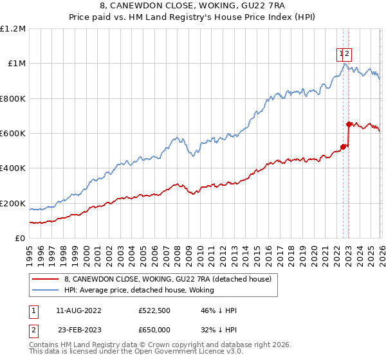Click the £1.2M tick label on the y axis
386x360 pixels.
point(13,29)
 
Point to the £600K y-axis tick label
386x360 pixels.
point(13,134)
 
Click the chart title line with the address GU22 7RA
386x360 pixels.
point(193,7)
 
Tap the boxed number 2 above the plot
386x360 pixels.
point(347,55)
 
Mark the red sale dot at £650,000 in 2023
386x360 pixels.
point(349,125)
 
